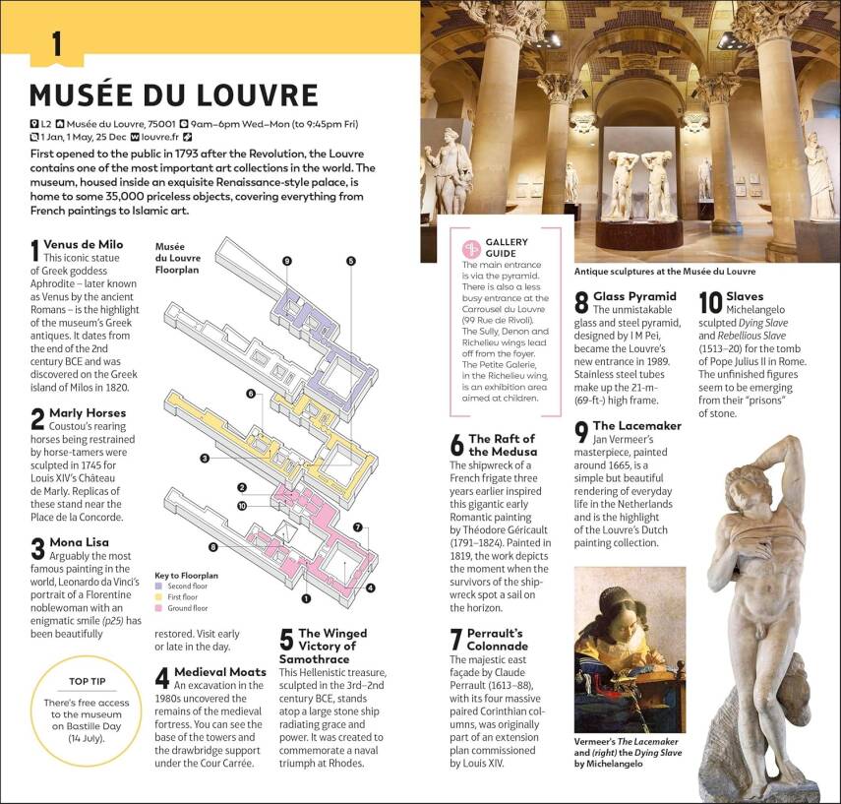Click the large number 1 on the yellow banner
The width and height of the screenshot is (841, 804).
56,44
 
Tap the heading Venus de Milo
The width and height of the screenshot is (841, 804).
84,244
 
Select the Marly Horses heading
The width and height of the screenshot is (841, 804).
85,412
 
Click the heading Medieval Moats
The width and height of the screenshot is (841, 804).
219,672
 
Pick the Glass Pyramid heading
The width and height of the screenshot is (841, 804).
634,296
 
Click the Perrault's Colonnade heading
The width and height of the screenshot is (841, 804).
497,639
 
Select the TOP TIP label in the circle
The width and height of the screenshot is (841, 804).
87,681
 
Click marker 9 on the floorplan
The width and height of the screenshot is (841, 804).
286,261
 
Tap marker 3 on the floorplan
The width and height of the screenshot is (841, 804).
204,459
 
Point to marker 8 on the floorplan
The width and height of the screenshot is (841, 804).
212,547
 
